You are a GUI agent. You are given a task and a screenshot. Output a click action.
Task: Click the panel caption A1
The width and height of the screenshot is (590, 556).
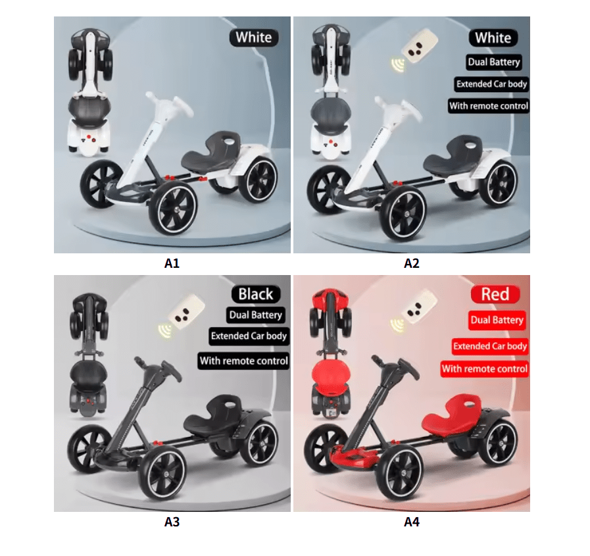click(x=172, y=263)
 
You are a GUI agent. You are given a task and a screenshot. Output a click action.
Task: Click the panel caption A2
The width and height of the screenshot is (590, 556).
click(x=411, y=263)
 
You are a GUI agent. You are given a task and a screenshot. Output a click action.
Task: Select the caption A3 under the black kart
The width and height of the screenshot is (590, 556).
click(x=172, y=522)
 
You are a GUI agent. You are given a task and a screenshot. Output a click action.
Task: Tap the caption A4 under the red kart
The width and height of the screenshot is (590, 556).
click(x=411, y=522)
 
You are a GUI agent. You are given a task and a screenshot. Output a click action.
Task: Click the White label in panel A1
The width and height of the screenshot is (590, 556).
click(x=254, y=38)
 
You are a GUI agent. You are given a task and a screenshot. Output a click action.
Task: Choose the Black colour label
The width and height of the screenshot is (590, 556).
click(x=256, y=294)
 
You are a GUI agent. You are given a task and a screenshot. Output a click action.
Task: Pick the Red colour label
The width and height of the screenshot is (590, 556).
click(x=495, y=294)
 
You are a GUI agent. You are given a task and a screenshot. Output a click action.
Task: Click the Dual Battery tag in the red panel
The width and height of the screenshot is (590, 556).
click(x=497, y=320)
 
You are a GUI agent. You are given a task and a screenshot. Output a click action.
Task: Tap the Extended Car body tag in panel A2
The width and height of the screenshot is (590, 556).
click(x=491, y=84)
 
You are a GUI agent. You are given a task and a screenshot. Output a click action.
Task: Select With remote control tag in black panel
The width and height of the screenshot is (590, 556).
click(x=244, y=361)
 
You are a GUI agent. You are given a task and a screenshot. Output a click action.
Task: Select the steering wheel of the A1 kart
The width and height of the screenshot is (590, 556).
click(x=169, y=105)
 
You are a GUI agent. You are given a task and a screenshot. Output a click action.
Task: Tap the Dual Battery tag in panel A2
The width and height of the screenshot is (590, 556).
click(x=494, y=62)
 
